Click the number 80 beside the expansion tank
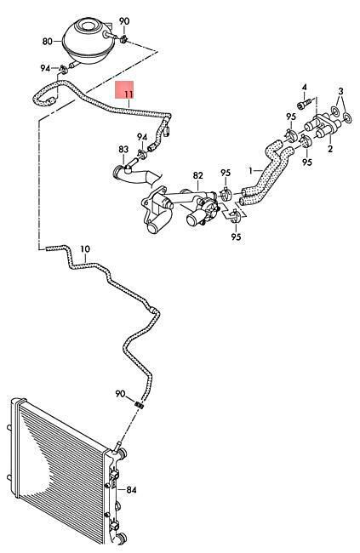click(x=48, y=42)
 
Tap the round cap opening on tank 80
click(x=89, y=26)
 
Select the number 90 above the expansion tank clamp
click(x=124, y=21)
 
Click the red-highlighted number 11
click(x=129, y=94)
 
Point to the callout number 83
click(x=123, y=150)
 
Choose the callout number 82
click(x=198, y=175)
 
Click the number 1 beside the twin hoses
click(x=250, y=171)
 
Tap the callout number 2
click(x=330, y=149)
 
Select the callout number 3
click(x=340, y=91)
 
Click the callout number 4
click(x=304, y=87)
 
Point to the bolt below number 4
click(x=304, y=104)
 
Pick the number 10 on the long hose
click(x=85, y=249)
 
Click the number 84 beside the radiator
click(x=131, y=489)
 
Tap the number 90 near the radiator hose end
click(x=120, y=393)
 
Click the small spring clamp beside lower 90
click(x=140, y=405)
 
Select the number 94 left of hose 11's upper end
click(x=45, y=68)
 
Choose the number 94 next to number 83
click(x=142, y=136)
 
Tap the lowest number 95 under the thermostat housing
click(x=236, y=237)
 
